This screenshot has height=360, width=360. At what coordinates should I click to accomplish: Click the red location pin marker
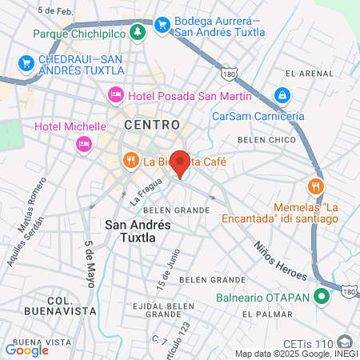(x=181, y=163)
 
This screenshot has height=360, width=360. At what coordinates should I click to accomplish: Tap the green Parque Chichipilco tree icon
(x=138, y=32)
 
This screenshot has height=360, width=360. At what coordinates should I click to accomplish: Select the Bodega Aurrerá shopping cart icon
(x=162, y=24)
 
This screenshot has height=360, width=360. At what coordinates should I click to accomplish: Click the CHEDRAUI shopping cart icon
(x=26, y=62)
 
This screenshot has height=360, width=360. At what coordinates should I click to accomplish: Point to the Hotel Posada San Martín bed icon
(x=115, y=95)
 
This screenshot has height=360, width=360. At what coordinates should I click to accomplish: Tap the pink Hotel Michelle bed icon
(x=82, y=144)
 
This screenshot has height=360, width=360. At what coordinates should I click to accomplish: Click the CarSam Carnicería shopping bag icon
(x=282, y=96)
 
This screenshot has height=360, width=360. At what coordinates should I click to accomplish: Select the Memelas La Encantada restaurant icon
(x=318, y=186)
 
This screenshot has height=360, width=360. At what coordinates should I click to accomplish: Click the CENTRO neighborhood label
(x=146, y=126)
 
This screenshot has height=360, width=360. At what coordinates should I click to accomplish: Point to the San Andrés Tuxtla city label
(x=138, y=231)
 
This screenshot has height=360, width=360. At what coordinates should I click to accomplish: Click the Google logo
(x=26, y=350)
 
